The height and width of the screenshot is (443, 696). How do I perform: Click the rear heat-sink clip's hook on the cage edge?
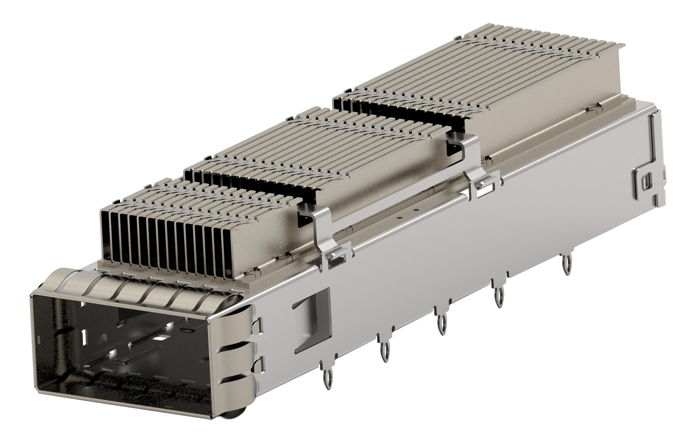pyautogui.click(x=484, y=188)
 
